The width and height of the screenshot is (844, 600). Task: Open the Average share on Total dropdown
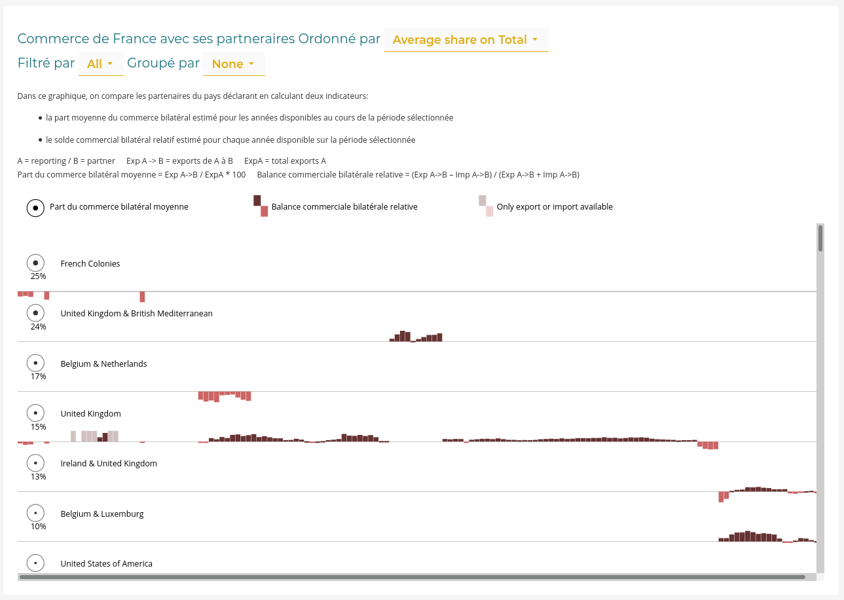point(466,40)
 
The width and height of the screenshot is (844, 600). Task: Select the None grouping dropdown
point(233,64)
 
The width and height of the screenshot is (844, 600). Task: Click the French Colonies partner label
point(90,264)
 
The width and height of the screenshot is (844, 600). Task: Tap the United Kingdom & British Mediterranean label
point(136,314)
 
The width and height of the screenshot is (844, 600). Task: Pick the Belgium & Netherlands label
point(103,364)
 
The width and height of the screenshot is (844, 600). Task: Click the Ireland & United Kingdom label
point(109,464)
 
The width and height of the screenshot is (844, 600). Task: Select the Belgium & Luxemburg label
point(102,514)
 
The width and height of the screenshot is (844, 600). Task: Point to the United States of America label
point(106,564)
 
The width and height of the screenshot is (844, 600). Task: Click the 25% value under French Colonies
point(38,276)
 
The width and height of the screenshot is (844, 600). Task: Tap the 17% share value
point(38,377)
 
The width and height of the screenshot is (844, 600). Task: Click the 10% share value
point(38,527)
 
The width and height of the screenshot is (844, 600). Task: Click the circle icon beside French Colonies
point(35,263)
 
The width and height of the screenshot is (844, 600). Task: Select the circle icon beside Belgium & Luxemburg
point(35,513)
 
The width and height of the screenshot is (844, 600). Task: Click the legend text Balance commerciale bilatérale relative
point(344,207)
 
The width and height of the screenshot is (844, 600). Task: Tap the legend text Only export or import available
point(555,207)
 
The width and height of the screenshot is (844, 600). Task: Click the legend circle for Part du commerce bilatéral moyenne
point(35,208)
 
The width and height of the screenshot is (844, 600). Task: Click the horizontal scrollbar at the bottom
point(412,577)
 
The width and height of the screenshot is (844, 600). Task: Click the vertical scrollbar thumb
point(820,238)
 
